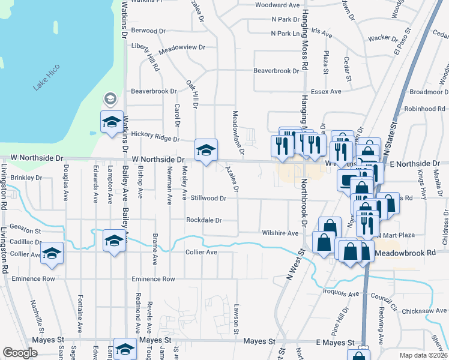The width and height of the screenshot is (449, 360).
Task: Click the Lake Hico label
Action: (x=47, y=77)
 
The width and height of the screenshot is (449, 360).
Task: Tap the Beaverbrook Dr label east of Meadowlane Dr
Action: (x=276, y=71)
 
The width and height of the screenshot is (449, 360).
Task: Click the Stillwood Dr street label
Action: (x=208, y=197)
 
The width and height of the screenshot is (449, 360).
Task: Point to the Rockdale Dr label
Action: (x=204, y=220)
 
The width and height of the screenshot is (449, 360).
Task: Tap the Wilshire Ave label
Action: (x=280, y=233)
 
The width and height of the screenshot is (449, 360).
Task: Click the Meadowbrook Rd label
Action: (x=405, y=254)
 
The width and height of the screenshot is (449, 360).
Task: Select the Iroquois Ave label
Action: (x=340, y=294)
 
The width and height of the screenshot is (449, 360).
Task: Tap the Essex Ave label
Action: (x=326, y=91)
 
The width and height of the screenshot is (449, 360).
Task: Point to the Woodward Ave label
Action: (x=277, y=5)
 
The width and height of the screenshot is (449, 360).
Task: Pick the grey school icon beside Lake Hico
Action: (x=110, y=98)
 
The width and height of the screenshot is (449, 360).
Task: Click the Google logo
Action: (x=19, y=353)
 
